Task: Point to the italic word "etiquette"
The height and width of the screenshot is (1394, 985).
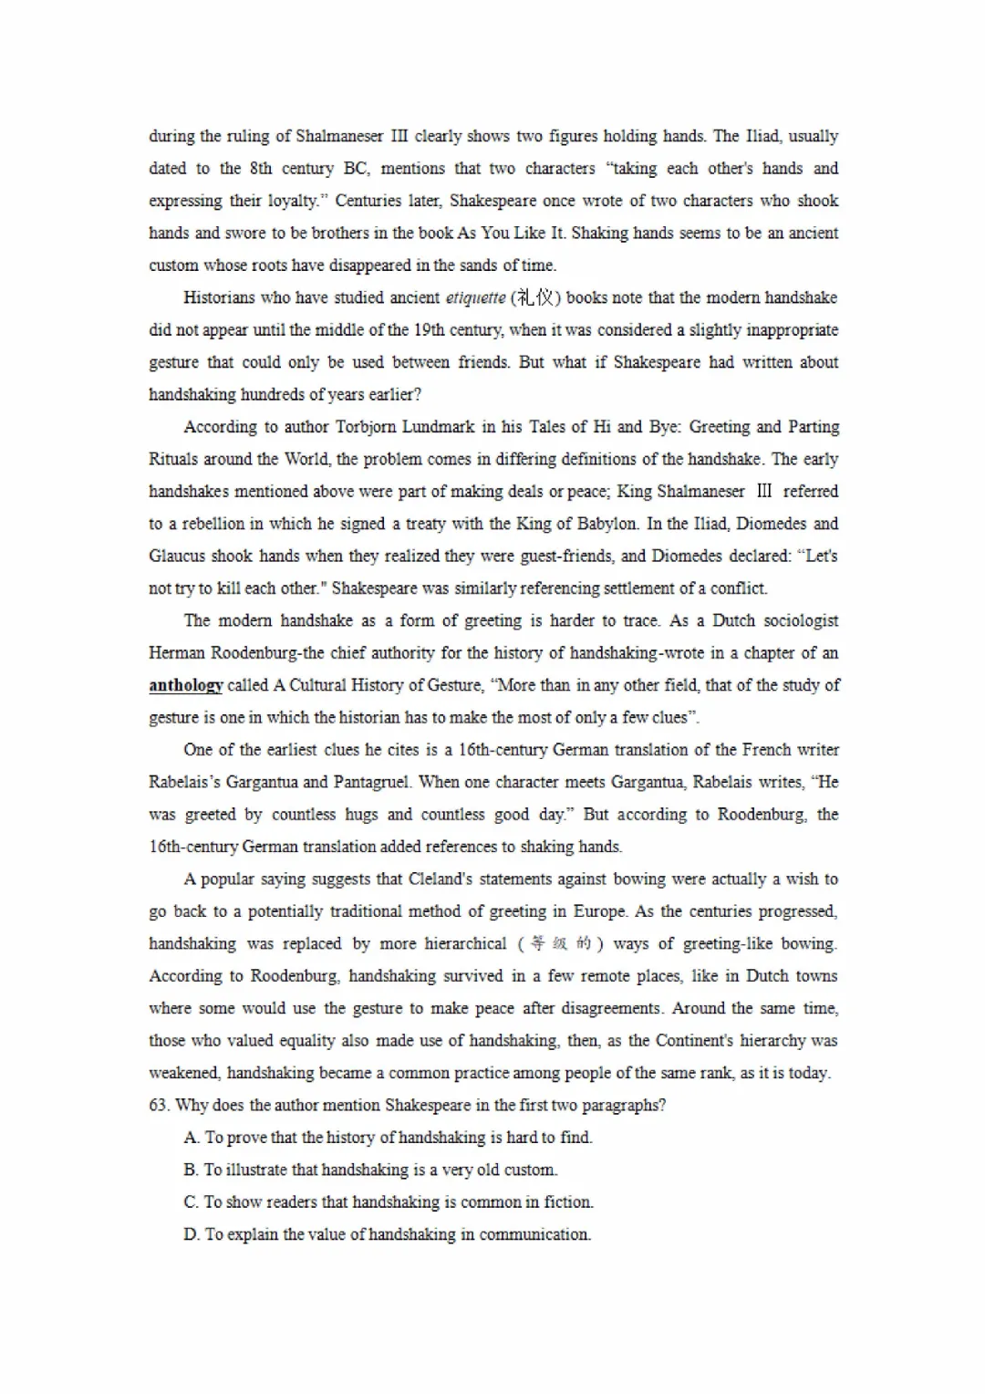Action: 475,298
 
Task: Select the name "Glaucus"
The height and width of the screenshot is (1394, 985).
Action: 174,557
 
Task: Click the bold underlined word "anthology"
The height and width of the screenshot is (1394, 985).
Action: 186,686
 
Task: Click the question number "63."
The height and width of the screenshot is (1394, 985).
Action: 159,1106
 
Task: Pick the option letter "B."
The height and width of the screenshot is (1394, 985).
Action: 191,1170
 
